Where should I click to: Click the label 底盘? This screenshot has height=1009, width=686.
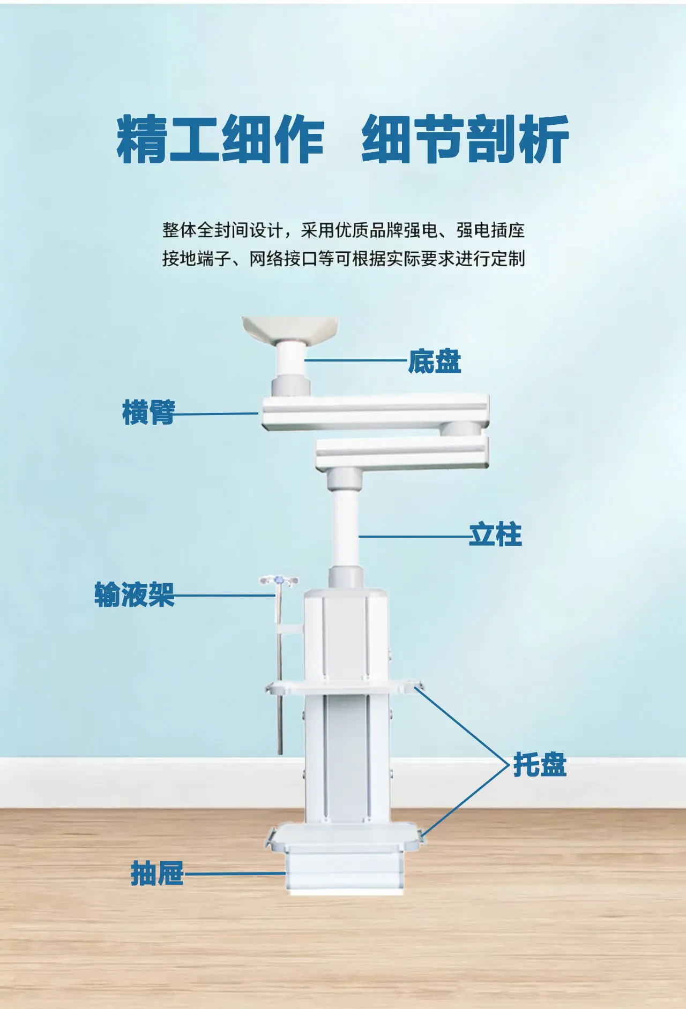click(x=434, y=361)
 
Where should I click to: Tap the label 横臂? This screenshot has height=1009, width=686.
click(x=148, y=412)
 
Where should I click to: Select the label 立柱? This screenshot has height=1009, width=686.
click(x=495, y=534)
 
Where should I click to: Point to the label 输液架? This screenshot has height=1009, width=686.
click(x=135, y=594)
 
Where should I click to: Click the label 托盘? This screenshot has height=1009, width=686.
click(x=540, y=764)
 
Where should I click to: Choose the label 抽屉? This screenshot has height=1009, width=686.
click(x=157, y=874)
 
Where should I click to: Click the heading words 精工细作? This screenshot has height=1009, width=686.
click(x=220, y=139)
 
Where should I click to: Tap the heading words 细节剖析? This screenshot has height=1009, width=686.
click(x=465, y=139)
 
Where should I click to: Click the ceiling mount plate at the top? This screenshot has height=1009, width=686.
click(x=290, y=329)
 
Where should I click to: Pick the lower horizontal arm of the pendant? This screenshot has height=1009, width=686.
click(x=402, y=454)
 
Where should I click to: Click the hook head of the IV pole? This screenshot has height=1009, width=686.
click(x=279, y=581)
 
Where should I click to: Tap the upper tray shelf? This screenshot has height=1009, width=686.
click(x=343, y=687)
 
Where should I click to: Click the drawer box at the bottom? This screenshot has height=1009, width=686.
click(x=344, y=872)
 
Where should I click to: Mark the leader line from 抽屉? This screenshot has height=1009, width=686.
click(x=235, y=874)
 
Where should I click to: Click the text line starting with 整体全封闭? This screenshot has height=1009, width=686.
click(x=344, y=230)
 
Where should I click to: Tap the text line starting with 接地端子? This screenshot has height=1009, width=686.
click(x=344, y=259)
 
